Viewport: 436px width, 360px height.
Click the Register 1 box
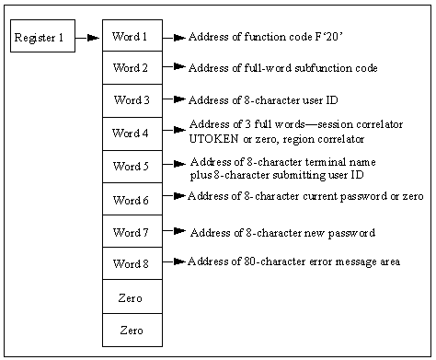point(42,38)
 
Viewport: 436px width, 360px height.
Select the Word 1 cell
point(132,37)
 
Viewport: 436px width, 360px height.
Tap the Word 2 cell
point(132,68)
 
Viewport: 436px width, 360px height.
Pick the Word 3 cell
point(132,100)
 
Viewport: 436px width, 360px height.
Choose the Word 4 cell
point(132,133)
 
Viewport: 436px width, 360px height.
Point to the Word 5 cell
point(132,167)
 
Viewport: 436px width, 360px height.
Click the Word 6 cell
point(132,199)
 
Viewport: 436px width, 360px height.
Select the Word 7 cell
point(132,232)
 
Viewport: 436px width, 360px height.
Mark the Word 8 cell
point(132,264)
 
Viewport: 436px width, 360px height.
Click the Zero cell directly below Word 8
point(132,297)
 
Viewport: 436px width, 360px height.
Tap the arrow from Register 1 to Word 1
point(88,38)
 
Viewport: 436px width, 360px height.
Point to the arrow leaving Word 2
point(175,67)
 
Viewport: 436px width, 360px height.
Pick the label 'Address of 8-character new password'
point(281,232)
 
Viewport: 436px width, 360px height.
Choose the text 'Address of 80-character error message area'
point(293,261)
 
